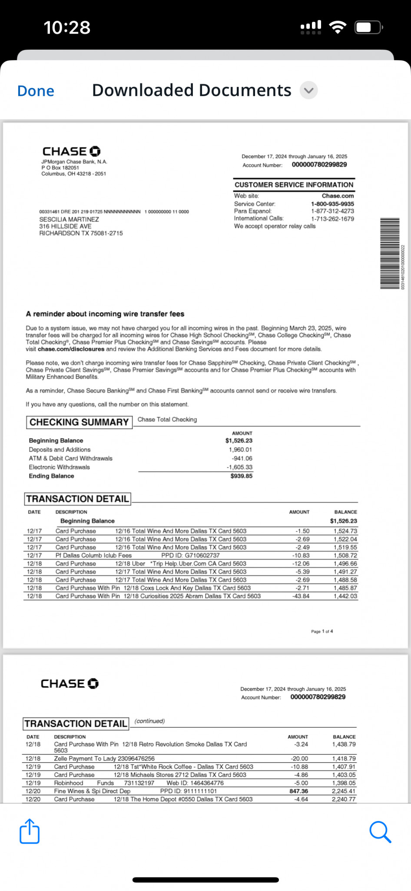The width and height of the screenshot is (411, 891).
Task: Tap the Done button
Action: [x=36, y=91]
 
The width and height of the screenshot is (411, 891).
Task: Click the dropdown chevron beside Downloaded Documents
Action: [x=309, y=90]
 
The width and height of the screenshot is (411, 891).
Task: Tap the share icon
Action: [x=30, y=831]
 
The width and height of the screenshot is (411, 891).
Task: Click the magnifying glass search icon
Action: [x=380, y=832]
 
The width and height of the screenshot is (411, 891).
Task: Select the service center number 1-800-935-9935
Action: [x=332, y=204]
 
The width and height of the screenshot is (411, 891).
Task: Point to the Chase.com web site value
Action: [x=338, y=196]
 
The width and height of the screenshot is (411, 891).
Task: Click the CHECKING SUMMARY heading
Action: [x=79, y=422]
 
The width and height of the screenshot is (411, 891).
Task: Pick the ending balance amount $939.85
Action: [x=241, y=476]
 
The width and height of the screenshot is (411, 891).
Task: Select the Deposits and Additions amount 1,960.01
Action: [x=240, y=449]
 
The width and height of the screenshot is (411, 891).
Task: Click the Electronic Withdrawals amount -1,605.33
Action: [x=239, y=467]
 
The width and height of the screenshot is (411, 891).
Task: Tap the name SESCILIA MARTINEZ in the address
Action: [x=69, y=219]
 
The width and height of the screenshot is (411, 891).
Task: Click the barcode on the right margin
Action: [x=390, y=253]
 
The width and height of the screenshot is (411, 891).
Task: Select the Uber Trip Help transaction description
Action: [x=181, y=563]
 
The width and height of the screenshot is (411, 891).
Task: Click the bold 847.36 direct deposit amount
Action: [x=298, y=791]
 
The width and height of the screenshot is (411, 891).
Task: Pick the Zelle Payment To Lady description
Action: [x=104, y=758]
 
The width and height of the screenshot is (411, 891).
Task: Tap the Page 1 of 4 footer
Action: [x=322, y=631]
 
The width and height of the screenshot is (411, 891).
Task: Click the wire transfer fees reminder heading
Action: [x=105, y=314]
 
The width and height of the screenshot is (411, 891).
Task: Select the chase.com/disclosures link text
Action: [x=71, y=349]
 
